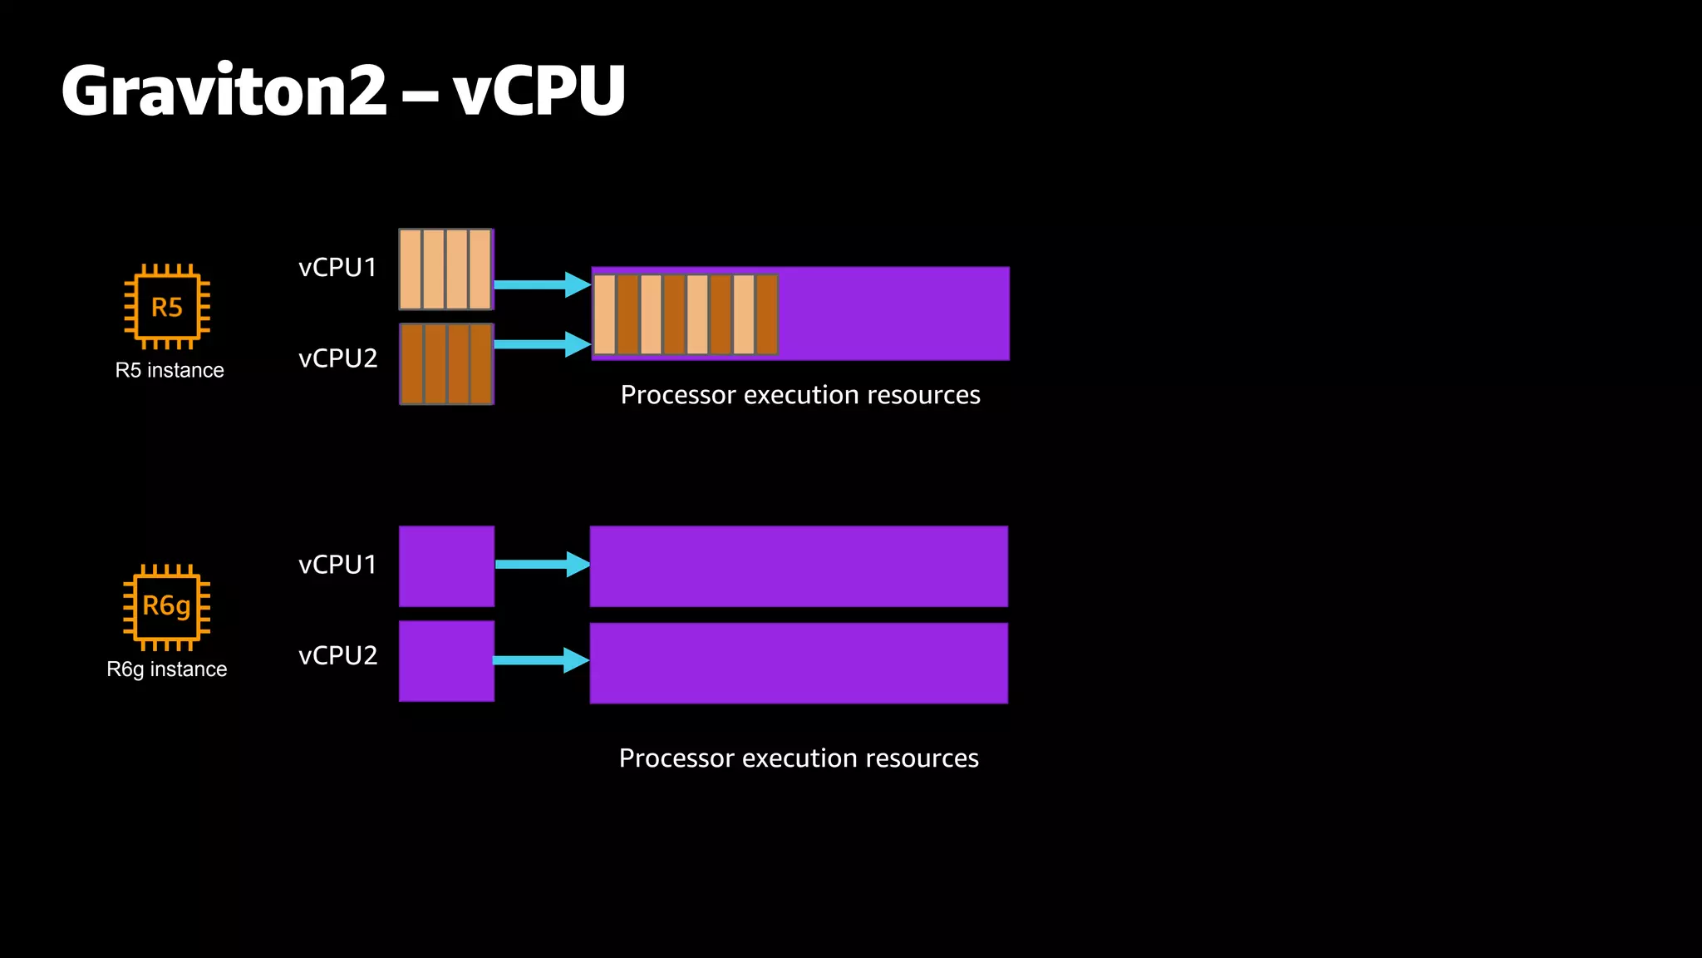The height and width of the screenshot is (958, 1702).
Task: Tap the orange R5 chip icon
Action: [167, 307]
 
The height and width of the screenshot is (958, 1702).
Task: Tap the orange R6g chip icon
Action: [167, 606]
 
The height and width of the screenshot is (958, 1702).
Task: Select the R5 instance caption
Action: [170, 370]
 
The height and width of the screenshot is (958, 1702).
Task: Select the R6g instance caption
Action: [167, 669]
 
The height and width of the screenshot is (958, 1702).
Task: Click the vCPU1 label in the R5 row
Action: [337, 268]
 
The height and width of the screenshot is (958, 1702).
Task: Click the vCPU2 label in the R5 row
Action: [337, 358]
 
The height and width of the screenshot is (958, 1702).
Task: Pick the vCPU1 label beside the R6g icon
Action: [337, 565]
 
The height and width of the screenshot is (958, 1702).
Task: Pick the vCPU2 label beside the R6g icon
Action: [337, 655]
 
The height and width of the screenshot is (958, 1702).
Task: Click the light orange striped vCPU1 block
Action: [446, 269]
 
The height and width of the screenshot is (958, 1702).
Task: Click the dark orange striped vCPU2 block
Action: [446, 364]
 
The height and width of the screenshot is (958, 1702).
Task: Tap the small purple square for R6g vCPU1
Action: [446, 566]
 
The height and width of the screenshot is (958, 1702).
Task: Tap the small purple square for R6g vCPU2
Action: [446, 661]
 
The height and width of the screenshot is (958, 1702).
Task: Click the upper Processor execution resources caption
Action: [800, 395]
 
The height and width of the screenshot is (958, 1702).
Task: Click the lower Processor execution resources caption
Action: [799, 758]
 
